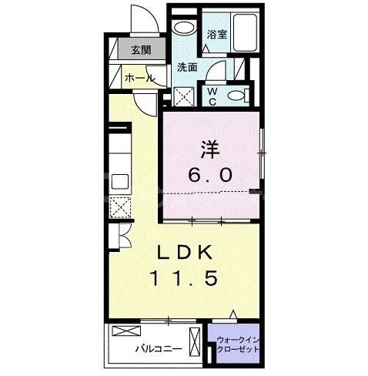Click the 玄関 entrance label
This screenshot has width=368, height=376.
click(140, 51)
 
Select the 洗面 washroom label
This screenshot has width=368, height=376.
click(187, 68)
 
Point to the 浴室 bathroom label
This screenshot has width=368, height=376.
click(216, 34)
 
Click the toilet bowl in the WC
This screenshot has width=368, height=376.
click(238, 95)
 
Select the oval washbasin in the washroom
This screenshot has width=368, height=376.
click(184, 29)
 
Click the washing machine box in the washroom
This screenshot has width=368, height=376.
click(185, 97)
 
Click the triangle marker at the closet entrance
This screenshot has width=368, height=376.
click(234, 315)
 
